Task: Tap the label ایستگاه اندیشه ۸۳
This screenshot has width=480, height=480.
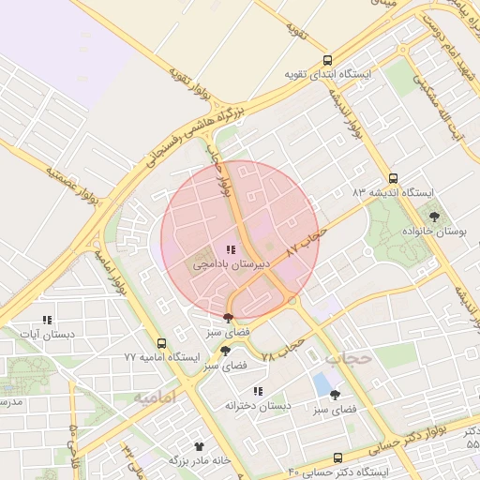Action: click(x=394, y=191)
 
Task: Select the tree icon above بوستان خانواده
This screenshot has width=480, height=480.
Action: click(x=433, y=217)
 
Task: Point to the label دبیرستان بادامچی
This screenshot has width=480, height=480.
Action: click(x=232, y=264)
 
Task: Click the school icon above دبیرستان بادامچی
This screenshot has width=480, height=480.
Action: click(x=231, y=249)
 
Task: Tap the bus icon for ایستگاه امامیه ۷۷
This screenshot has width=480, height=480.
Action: click(x=161, y=343)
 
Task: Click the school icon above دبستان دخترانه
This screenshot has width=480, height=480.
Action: click(x=258, y=391)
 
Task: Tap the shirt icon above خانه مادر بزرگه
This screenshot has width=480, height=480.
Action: click(x=199, y=446)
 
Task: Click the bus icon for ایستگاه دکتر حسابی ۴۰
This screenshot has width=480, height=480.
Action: click(x=337, y=457)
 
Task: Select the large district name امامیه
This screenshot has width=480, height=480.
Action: click(x=154, y=398)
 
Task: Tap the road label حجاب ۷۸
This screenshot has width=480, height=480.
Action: click(x=284, y=351)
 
